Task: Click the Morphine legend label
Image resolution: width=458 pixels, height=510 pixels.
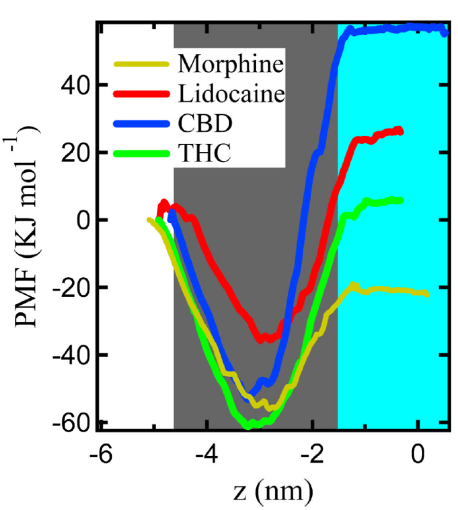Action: (x=230, y=63)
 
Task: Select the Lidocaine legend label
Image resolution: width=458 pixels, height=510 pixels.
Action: (x=231, y=94)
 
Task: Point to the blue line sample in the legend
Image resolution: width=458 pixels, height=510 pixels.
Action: (x=141, y=123)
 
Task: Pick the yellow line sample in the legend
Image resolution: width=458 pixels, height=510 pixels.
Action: (x=141, y=63)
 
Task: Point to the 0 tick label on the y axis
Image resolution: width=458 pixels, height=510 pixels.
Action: (x=83, y=220)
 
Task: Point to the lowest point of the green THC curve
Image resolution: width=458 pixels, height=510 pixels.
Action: (x=248, y=426)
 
